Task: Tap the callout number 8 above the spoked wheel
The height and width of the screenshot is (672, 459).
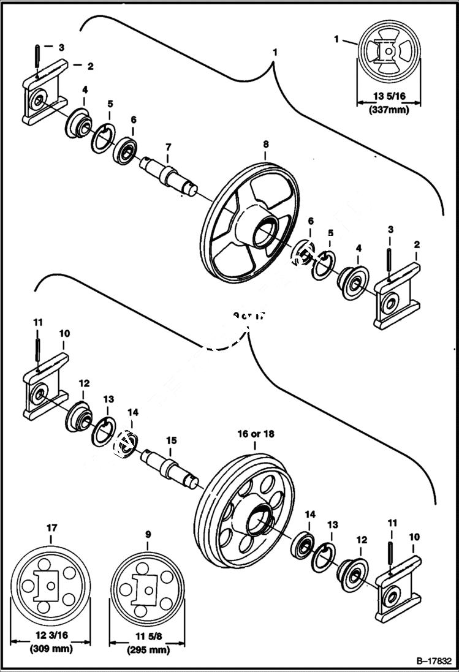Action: coord(265,144)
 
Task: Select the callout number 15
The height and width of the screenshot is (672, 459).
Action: coord(172,439)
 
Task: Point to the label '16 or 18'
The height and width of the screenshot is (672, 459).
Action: coord(256,434)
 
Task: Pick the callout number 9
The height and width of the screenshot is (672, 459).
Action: coord(148,535)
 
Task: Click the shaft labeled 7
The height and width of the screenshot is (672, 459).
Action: coord(169,174)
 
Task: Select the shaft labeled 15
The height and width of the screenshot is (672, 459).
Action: coord(170,467)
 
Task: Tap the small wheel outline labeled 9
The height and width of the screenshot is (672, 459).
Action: coord(148,587)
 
